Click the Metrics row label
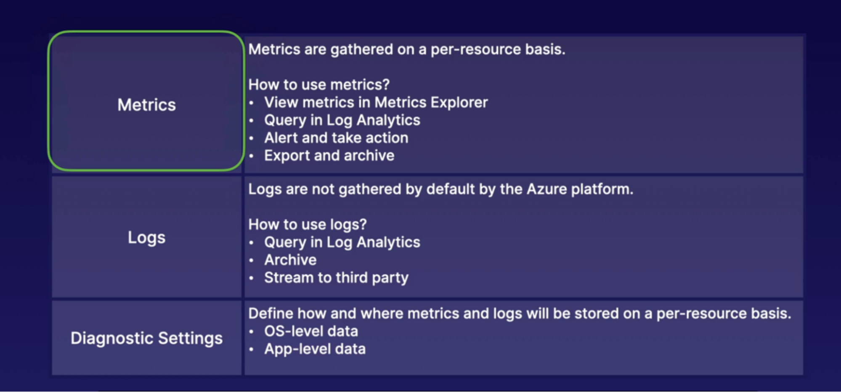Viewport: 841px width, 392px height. click(146, 105)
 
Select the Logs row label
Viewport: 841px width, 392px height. click(146, 238)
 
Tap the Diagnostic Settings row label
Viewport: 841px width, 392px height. click(146, 338)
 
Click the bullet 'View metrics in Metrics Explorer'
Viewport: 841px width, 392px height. click(376, 103)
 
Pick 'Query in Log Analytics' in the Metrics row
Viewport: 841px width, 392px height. click(342, 121)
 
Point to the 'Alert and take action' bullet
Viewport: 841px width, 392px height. click(336, 138)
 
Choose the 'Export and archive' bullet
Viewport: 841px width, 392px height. click(329, 156)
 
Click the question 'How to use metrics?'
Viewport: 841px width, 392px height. click(319, 85)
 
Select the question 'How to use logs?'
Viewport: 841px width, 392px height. click(308, 225)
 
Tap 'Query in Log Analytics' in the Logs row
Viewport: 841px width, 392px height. click(342, 243)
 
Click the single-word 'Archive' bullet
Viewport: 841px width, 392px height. click(290, 260)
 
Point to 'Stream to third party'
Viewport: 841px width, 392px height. click(336, 278)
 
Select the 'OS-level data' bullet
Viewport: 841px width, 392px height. click(311, 331)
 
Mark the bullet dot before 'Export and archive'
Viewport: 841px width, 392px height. click(252, 156)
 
